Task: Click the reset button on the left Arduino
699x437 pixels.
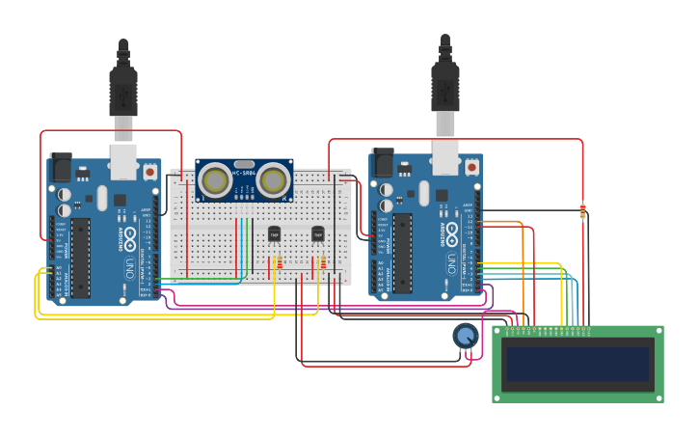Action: click(x=149, y=172)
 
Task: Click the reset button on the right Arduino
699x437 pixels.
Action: click(x=471, y=167)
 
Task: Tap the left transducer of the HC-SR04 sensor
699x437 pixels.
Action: click(x=215, y=179)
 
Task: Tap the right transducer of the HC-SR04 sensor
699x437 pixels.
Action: click(x=274, y=179)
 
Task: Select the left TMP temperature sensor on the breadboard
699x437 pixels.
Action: click(x=274, y=233)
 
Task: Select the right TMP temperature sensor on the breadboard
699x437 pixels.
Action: click(x=317, y=233)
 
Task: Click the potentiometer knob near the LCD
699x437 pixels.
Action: click(x=466, y=336)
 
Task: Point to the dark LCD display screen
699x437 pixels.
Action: click(x=578, y=364)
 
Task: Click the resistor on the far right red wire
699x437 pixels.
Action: click(x=582, y=210)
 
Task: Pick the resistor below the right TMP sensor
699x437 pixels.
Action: click(x=323, y=263)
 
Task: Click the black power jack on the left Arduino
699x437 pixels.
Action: click(x=60, y=168)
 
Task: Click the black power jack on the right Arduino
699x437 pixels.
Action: click(x=382, y=163)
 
